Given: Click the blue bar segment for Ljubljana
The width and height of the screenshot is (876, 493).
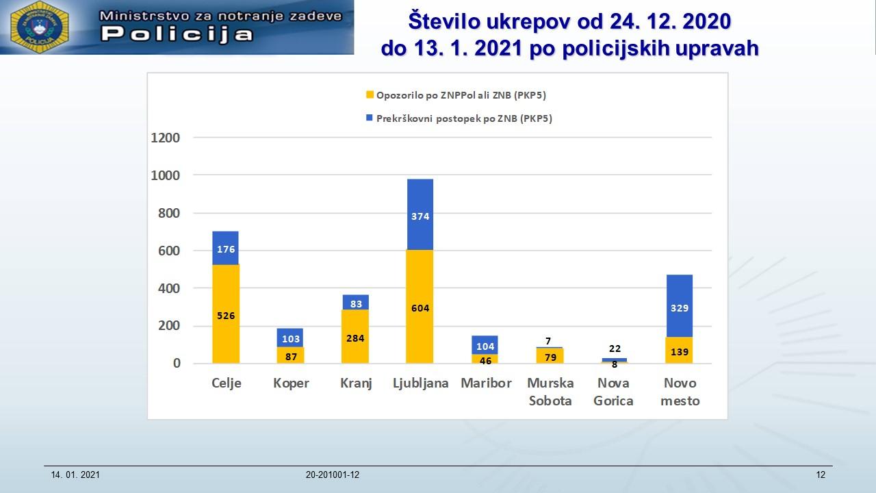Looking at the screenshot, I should (x=420, y=214).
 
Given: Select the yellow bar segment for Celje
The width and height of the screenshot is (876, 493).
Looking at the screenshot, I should (x=226, y=314).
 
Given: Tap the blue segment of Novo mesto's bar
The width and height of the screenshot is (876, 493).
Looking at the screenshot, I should (x=679, y=305).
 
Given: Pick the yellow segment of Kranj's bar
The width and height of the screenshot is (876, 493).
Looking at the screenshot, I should (x=355, y=337).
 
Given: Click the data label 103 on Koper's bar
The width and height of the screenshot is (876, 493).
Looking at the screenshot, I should (x=290, y=338).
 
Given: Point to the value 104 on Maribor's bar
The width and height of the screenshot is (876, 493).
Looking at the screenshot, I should (x=485, y=346).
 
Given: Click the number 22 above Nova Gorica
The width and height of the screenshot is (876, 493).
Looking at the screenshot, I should (x=615, y=349).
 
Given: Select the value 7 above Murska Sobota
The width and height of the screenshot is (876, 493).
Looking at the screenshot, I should (x=548, y=341).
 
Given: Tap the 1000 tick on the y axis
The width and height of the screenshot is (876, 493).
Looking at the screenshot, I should (x=165, y=175).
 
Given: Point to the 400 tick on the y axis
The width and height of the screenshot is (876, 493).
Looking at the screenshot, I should (x=168, y=288).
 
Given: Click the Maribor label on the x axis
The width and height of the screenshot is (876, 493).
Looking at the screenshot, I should (x=486, y=383).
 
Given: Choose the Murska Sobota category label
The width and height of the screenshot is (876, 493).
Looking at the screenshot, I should (x=550, y=392).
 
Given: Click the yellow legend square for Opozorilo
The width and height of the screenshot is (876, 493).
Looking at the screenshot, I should (x=370, y=95).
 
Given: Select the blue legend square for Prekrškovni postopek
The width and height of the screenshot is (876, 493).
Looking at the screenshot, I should (x=370, y=118).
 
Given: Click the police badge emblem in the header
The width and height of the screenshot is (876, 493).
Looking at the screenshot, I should (x=40, y=28).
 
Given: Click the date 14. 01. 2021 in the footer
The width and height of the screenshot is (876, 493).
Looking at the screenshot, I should (x=75, y=475).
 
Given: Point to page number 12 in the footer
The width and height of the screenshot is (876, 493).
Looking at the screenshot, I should (x=821, y=475).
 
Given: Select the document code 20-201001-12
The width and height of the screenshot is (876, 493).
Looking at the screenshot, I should (x=333, y=475).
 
